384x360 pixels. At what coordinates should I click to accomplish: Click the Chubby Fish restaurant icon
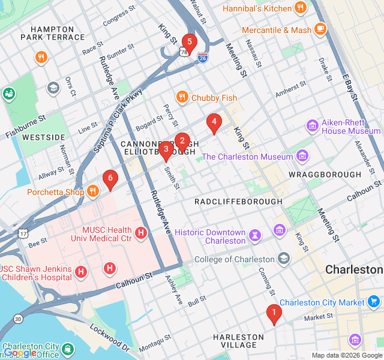click(x=181, y=97)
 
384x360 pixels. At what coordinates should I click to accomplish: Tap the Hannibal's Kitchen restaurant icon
click(x=301, y=8)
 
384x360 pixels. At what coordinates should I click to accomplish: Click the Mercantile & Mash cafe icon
click(x=320, y=29)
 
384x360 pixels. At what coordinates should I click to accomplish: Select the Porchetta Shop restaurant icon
click(x=92, y=192)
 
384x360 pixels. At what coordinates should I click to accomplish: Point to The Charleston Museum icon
click(x=302, y=157)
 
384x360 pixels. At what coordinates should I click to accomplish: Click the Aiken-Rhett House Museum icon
click(x=312, y=126)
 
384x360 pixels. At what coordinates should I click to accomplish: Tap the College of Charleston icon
click(x=283, y=259)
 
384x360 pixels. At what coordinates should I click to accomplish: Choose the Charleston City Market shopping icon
click(x=374, y=302)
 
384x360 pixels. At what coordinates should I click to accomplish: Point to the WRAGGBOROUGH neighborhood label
click(x=325, y=175)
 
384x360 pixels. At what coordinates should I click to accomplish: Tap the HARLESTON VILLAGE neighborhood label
click(x=238, y=341)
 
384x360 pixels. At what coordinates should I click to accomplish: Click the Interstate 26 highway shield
click(x=203, y=58)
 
